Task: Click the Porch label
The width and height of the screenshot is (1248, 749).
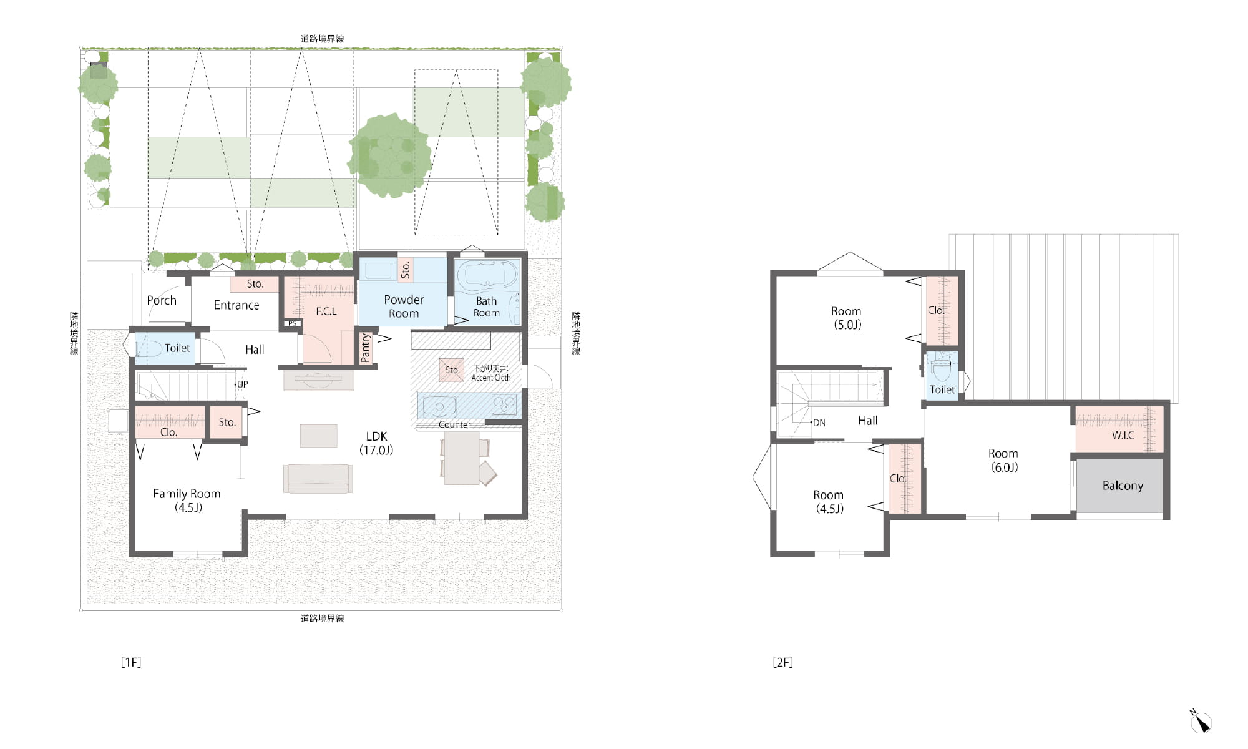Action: pos(162,300)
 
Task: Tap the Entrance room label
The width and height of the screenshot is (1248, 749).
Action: pos(236,305)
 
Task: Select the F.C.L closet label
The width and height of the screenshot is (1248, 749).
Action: pos(326,311)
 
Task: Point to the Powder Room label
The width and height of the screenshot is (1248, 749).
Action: pos(404,306)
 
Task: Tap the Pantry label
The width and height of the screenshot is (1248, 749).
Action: pos(366,347)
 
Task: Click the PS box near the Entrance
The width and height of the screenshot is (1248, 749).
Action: pos(292,323)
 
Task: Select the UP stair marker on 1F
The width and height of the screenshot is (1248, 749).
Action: pos(241,384)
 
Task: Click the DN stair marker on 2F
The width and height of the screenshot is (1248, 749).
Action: pos(818,423)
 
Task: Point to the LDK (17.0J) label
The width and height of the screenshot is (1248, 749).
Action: pos(376,443)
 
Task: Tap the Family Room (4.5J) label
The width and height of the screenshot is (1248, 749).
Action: pos(187,501)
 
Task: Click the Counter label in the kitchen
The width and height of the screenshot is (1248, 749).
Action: pos(454,424)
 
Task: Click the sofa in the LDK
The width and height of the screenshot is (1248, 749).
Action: pos(318,479)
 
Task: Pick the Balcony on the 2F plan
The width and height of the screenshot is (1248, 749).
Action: pos(1120,486)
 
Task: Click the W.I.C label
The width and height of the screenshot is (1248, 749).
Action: pos(1123,435)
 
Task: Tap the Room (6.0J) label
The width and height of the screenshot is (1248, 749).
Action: pos(1003,461)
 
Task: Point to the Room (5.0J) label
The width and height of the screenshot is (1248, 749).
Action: pos(846,318)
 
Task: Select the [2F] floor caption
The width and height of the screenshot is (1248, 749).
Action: pos(782,662)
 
